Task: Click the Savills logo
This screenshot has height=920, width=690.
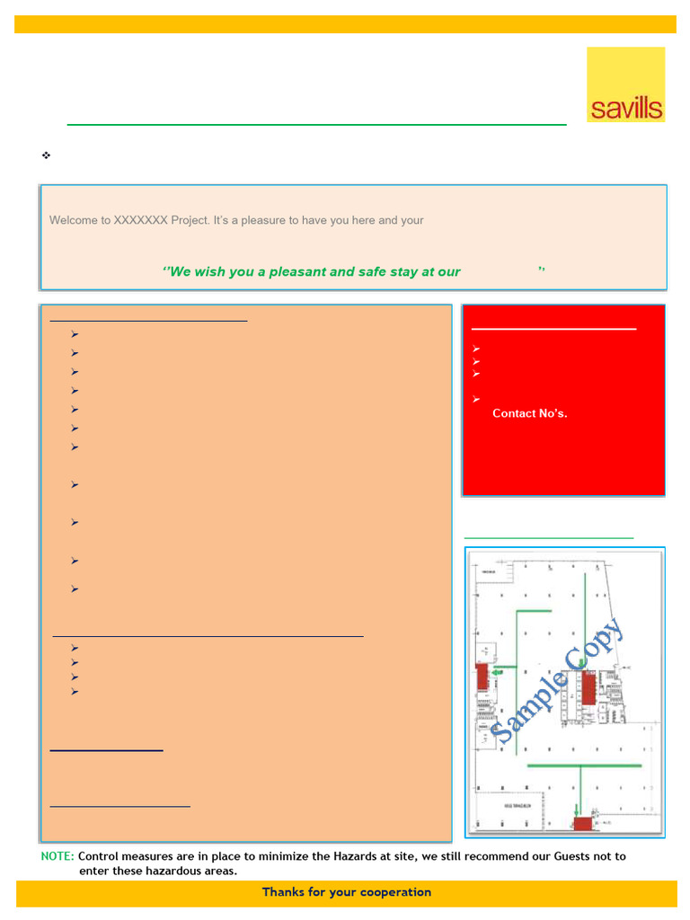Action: pyautogui.click(x=626, y=84)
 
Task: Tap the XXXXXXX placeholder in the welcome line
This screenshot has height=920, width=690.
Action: pyautogui.click(x=140, y=220)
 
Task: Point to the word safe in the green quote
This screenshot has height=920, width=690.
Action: pyautogui.click(x=373, y=271)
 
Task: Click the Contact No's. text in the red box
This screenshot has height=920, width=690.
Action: pyautogui.click(x=529, y=413)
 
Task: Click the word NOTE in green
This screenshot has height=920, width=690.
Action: pyautogui.click(x=57, y=856)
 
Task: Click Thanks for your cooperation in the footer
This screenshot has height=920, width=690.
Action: pyautogui.click(x=346, y=892)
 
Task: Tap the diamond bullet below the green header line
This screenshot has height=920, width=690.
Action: pyautogui.click(x=46, y=155)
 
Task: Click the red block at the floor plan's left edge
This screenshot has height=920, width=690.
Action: pyautogui.click(x=482, y=676)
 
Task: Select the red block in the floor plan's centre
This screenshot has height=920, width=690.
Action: pyautogui.click(x=588, y=687)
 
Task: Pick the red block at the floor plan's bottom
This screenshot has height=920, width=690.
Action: pyautogui.click(x=582, y=823)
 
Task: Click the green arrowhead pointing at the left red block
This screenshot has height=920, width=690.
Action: pyautogui.click(x=496, y=668)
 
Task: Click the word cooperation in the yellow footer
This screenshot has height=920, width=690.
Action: pyautogui.click(x=395, y=892)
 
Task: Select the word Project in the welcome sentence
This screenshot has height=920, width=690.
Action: pyautogui.click(x=190, y=220)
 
